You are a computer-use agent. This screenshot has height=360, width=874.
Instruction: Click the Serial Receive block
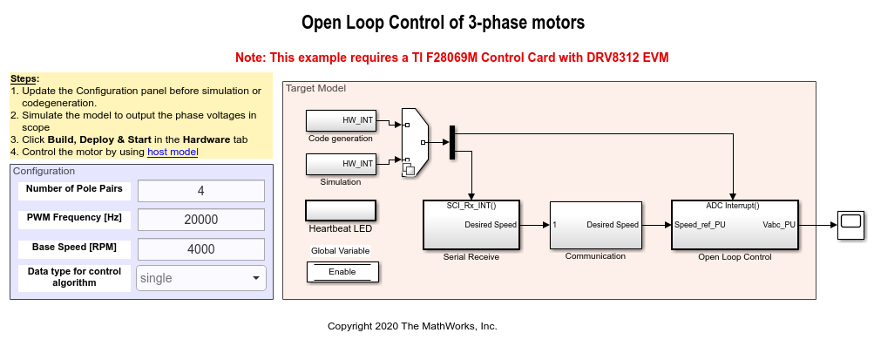(471, 224)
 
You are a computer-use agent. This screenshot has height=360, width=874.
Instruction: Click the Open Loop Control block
(732, 224)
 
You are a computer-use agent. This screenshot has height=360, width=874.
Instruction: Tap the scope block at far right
(850, 225)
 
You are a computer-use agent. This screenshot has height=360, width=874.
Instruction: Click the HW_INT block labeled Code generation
(341, 120)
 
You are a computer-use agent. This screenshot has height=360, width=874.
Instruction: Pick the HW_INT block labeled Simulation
(341, 164)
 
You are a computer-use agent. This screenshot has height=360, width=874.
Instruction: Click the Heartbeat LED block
(340, 210)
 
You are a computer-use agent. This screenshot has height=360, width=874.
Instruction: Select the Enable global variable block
(341, 272)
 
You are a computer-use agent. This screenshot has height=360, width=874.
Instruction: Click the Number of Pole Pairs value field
(200, 191)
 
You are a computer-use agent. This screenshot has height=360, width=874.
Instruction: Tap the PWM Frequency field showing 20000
(200, 220)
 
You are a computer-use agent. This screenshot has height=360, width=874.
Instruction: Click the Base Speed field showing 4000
(200, 248)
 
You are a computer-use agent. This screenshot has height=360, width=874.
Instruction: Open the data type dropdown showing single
(200, 278)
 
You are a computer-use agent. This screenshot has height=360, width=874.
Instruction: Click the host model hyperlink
(173, 152)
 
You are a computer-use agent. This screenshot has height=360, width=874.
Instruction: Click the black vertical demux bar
(452, 142)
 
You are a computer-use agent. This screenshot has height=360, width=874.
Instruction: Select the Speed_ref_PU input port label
(700, 225)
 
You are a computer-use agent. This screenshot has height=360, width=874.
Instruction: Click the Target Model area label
(315, 88)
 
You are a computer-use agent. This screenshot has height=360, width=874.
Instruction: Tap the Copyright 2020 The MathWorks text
(411, 326)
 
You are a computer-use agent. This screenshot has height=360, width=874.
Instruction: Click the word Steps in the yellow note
(24, 79)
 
